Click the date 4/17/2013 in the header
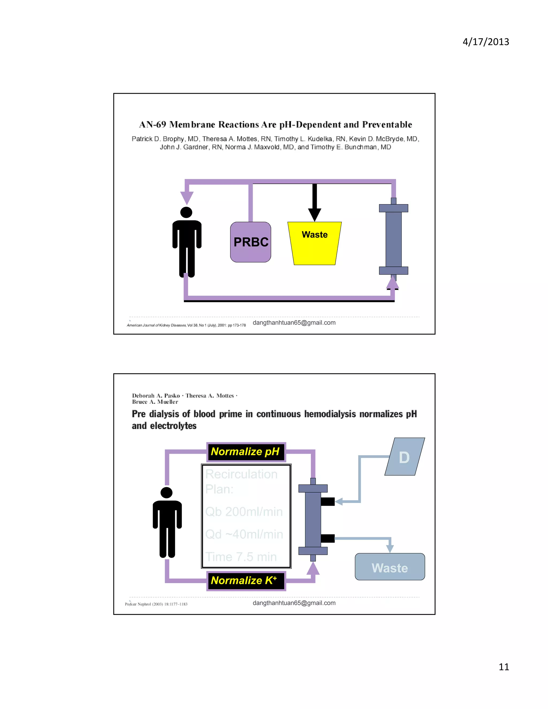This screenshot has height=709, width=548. tap(486, 42)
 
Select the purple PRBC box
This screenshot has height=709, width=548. tap(251, 242)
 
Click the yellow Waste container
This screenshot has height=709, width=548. tap(314, 243)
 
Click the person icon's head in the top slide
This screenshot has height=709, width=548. tap(186, 212)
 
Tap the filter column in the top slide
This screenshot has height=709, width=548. tap(393, 239)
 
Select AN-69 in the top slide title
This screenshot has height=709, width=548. tap(153, 125)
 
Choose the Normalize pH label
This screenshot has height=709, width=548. tap(246, 452)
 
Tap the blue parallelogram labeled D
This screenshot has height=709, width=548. tap(405, 457)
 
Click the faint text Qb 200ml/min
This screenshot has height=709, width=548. tap(244, 512)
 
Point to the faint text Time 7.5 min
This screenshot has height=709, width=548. tap(241, 557)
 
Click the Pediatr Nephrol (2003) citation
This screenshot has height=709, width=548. tap(156, 604)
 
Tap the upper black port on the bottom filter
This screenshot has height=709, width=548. tap(328, 502)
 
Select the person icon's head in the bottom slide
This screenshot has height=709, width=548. tap(166, 493)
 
